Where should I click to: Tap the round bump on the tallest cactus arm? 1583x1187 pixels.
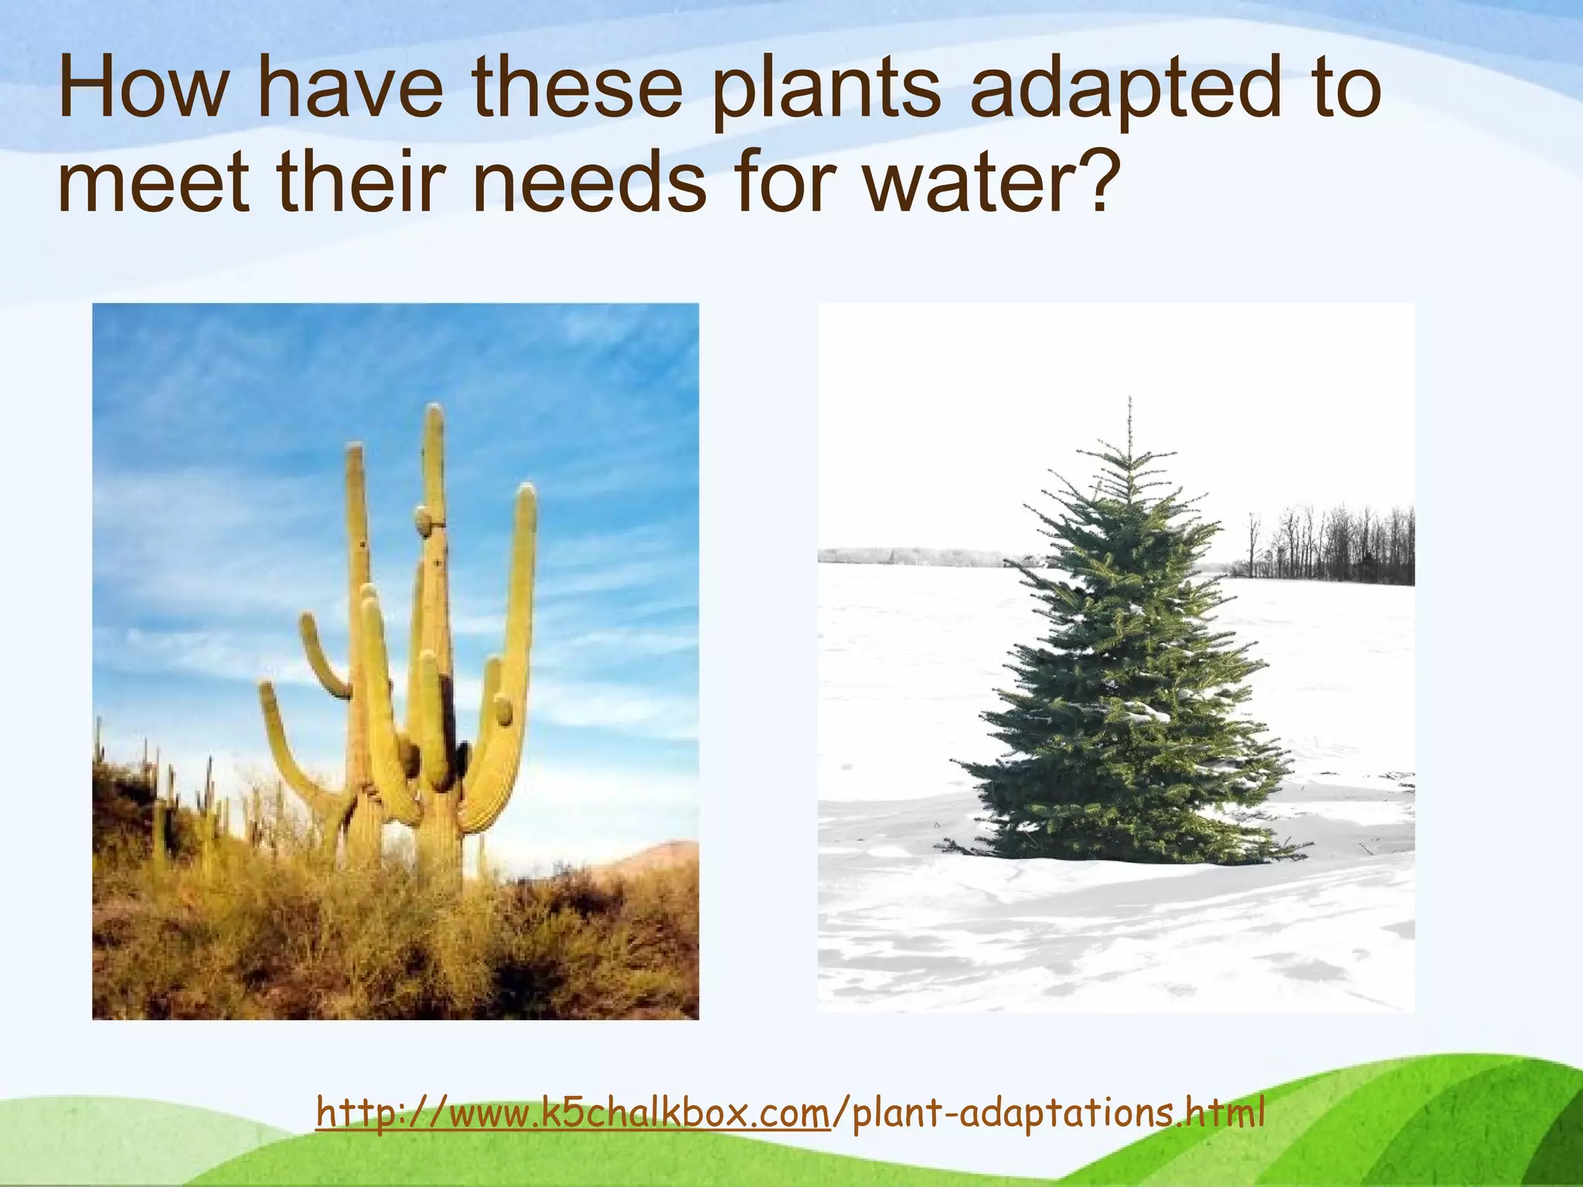click(424, 519)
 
